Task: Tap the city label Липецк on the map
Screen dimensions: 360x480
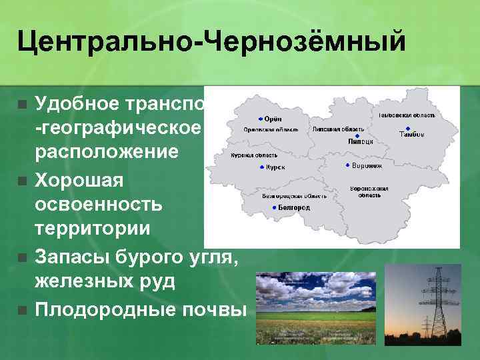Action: click(360, 142)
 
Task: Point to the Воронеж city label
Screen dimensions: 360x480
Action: click(367, 165)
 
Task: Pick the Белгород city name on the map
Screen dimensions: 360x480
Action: click(294, 208)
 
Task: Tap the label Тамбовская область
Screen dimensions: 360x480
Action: click(407, 115)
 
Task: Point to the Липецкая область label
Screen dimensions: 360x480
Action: click(338, 129)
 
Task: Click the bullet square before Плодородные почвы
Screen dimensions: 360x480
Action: click(22, 310)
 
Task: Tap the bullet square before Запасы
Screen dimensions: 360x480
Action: click(22, 257)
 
